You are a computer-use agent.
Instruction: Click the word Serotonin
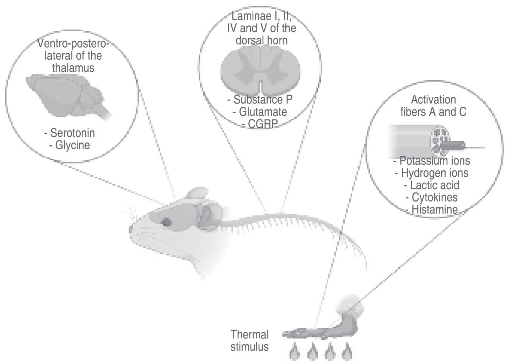(x=72, y=133)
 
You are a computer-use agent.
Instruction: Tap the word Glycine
(x=72, y=145)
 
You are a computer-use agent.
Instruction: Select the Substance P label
(x=263, y=100)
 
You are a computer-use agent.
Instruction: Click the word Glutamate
(x=263, y=112)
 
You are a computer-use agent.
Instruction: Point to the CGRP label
(x=263, y=124)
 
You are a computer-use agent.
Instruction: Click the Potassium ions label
(x=435, y=161)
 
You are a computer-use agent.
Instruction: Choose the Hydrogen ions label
(x=435, y=173)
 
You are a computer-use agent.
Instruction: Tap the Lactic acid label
(x=435, y=185)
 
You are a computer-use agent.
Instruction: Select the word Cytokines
(x=435, y=197)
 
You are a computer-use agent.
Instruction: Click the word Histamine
(x=435, y=209)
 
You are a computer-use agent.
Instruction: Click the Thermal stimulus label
(x=249, y=340)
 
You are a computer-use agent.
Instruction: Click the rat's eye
(x=166, y=222)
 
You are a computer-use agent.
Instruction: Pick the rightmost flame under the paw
(x=346, y=353)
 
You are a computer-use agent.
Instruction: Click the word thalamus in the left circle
(x=73, y=68)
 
